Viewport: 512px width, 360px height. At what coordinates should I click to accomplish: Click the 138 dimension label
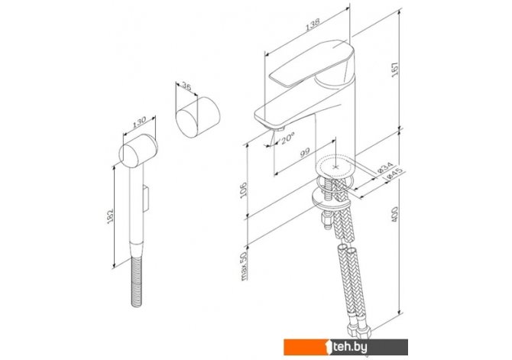coord(313,24)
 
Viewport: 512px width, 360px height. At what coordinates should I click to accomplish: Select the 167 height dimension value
coord(395,70)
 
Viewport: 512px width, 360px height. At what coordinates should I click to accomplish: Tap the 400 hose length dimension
coord(395,214)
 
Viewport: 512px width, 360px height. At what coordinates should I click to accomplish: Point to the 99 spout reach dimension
coord(305,153)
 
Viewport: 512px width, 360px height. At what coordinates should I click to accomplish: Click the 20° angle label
coord(287,138)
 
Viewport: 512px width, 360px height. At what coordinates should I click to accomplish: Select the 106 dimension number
coord(244,190)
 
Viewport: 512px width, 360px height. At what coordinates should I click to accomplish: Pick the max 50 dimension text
coord(244,266)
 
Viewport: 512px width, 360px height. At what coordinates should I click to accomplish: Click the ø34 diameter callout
coord(384,168)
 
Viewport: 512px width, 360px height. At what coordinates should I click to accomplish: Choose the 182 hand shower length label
coord(110,216)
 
